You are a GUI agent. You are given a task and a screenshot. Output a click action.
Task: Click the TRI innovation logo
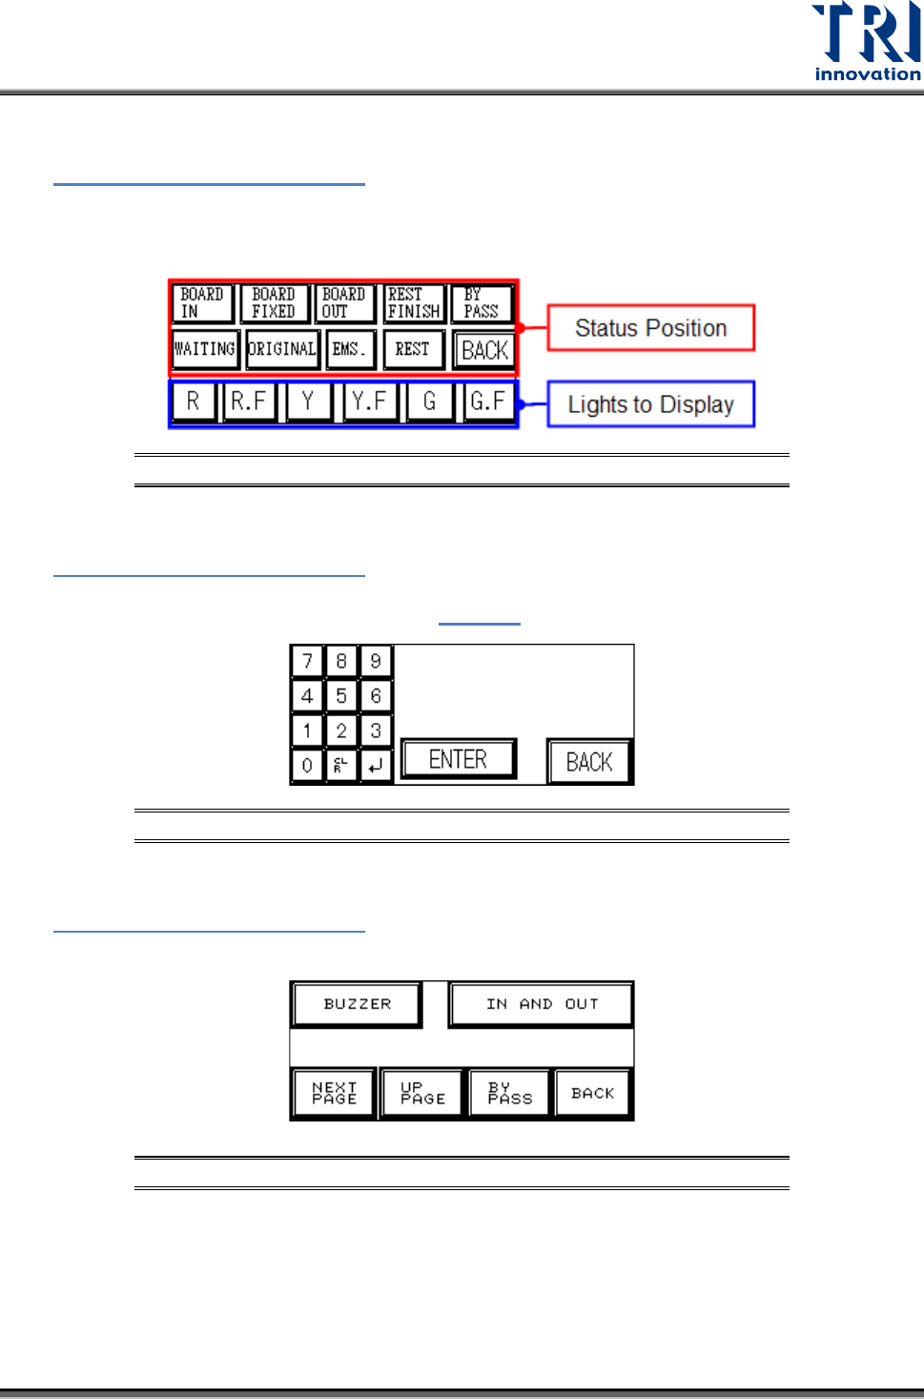pyautogui.click(x=866, y=41)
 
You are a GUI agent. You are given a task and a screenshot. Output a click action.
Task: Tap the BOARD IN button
pyautogui.click(x=202, y=303)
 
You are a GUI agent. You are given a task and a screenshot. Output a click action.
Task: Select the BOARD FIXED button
pyautogui.click(x=275, y=303)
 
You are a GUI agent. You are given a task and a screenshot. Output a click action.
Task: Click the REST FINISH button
pyautogui.click(x=414, y=303)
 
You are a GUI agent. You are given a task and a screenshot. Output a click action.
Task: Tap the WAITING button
pyautogui.click(x=205, y=349)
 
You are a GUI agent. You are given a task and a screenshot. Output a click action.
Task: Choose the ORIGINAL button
pyautogui.click(x=282, y=349)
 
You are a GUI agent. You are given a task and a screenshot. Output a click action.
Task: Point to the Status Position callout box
pyautogui.click(x=650, y=328)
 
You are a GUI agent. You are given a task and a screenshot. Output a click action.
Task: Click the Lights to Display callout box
pyautogui.click(x=650, y=404)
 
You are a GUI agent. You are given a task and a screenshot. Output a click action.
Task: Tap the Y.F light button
pyautogui.click(x=369, y=401)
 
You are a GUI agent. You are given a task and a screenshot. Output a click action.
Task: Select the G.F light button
pyautogui.click(x=488, y=401)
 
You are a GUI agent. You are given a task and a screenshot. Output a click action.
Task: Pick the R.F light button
pyautogui.click(x=249, y=401)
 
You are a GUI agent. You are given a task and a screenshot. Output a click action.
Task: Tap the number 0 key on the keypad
pyautogui.click(x=307, y=765)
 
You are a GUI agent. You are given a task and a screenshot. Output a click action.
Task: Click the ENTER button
pyautogui.click(x=459, y=760)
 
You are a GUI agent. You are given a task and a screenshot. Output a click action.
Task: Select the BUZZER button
pyautogui.click(x=357, y=1004)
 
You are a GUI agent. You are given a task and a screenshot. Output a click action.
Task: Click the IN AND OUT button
pyautogui.click(x=541, y=1004)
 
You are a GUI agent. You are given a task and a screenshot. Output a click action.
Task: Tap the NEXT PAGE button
pyautogui.click(x=334, y=1093)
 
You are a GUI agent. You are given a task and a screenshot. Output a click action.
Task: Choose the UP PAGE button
pyautogui.click(x=422, y=1093)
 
